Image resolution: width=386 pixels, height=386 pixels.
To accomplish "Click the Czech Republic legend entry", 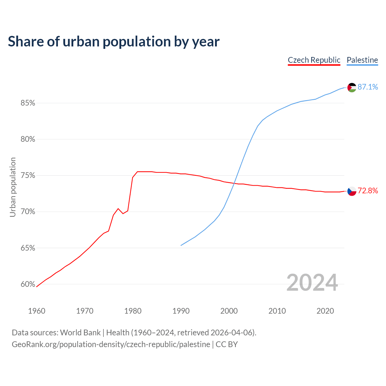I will click(x=314, y=60).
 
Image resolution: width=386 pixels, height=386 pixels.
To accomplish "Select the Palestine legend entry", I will click(x=362, y=60).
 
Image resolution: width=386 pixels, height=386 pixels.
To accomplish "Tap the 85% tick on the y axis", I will click(x=28, y=103).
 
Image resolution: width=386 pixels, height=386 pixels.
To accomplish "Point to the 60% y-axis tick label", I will click(x=28, y=284).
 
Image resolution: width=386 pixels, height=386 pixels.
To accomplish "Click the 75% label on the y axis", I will click(x=28, y=176).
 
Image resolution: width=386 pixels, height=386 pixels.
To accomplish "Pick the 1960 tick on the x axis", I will click(x=36, y=311).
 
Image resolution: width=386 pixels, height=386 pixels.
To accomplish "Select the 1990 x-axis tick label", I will click(x=181, y=311).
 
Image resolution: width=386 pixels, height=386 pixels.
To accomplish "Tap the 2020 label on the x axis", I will click(x=325, y=311).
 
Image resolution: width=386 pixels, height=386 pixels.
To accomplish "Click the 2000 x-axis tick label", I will click(x=229, y=311).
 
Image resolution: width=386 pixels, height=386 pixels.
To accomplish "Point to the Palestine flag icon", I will click(x=352, y=87).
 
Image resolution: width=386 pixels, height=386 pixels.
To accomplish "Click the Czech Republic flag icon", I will click(x=352, y=191).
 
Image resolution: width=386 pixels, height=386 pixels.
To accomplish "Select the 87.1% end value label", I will click(x=368, y=87).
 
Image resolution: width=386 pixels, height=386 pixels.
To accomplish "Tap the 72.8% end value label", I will click(x=368, y=191).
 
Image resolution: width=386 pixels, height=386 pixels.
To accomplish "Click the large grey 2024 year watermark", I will click(x=312, y=283).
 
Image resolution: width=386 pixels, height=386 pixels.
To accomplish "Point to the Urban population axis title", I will click(x=13, y=187).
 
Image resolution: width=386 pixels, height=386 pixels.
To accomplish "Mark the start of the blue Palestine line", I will click(x=181, y=245).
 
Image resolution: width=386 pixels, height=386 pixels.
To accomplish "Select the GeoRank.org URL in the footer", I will click(x=111, y=344).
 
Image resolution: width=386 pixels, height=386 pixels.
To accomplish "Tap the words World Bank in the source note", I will click(x=80, y=333).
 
